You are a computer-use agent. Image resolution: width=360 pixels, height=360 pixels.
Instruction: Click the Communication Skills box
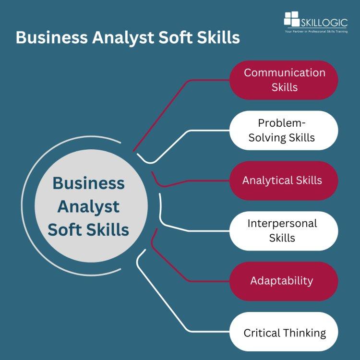pyautogui.click(x=284, y=80)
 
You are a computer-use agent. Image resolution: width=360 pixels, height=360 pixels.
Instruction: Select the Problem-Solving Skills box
pyautogui.click(x=284, y=130)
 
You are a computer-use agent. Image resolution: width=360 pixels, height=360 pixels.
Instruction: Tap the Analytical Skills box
pyautogui.click(x=284, y=180)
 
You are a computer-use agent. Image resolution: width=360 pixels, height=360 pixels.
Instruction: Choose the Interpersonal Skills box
pyautogui.click(x=284, y=230)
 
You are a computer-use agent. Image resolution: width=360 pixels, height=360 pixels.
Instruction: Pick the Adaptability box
pyautogui.click(x=284, y=281)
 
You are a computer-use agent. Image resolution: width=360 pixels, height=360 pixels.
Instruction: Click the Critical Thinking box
pyautogui.click(x=284, y=332)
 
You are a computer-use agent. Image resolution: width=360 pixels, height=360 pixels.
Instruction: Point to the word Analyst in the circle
pyautogui.click(x=88, y=206)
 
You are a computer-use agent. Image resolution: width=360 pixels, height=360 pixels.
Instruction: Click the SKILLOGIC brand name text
pyautogui.click(x=324, y=21)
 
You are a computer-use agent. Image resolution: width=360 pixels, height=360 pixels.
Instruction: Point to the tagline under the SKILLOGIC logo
pyautogui.click(x=316, y=31)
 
